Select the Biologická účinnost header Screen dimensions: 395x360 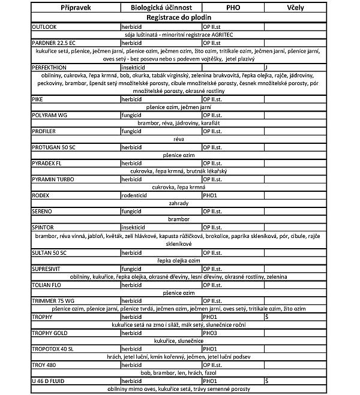coord(160,7)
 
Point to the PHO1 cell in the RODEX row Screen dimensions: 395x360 coord(210,195)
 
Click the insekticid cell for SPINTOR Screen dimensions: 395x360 coord(134,228)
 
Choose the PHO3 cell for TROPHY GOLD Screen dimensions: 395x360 coord(210,331)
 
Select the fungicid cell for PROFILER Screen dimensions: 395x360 coord(132,130)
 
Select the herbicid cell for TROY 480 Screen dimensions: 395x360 coord(133,364)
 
